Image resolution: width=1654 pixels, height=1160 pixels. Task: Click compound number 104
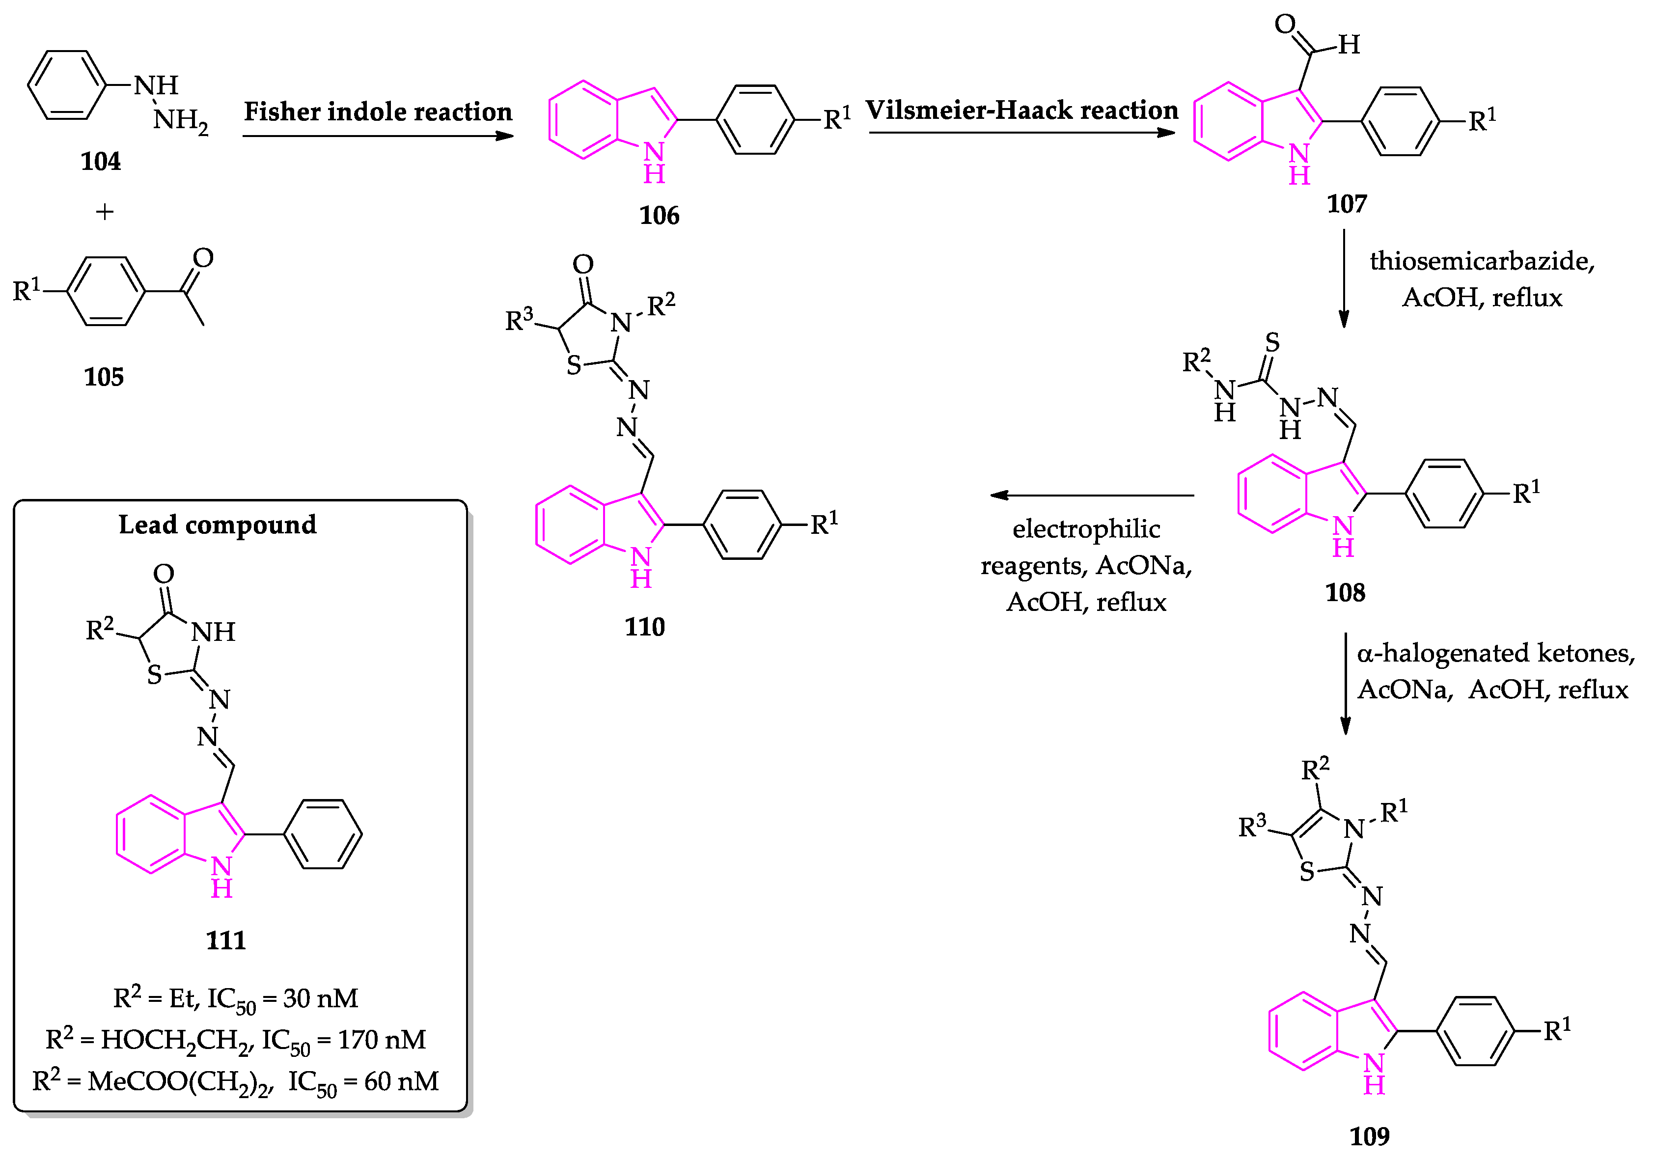(x=100, y=161)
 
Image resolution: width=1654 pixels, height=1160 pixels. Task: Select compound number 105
(x=104, y=377)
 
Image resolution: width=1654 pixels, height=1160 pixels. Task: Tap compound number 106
(x=659, y=216)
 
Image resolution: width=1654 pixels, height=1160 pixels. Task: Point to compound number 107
(x=1347, y=204)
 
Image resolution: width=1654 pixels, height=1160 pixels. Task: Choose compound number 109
(x=1369, y=1136)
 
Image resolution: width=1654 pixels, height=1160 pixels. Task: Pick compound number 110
(x=645, y=627)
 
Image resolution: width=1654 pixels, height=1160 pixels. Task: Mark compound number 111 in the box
(x=225, y=940)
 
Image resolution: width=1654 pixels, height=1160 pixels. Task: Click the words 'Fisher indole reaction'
(x=378, y=111)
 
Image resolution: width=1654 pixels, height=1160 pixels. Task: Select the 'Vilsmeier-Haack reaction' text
(x=1021, y=110)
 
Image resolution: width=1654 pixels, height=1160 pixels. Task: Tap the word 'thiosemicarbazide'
(x=1482, y=261)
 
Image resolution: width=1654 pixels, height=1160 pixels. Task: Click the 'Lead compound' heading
(x=218, y=525)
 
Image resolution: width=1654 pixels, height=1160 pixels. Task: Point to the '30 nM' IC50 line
(x=236, y=998)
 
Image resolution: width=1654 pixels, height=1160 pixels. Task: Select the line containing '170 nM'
(x=236, y=1040)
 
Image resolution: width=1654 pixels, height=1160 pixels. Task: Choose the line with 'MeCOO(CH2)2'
(x=236, y=1081)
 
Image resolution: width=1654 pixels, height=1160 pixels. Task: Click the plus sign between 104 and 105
(x=105, y=212)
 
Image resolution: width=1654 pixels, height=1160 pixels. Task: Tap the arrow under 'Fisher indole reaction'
(x=378, y=136)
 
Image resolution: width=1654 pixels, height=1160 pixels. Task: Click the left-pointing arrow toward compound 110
(x=1091, y=495)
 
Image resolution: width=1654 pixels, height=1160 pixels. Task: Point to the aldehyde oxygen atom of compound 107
(x=1284, y=24)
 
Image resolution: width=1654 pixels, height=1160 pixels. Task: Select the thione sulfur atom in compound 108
(x=1272, y=342)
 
